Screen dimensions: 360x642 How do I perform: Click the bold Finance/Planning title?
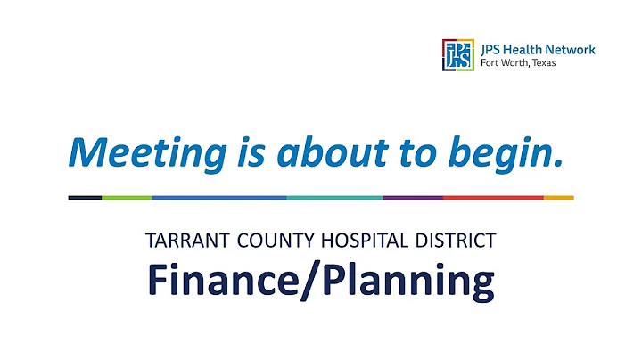click(x=320, y=282)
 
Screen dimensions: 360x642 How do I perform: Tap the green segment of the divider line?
click(x=127, y=197)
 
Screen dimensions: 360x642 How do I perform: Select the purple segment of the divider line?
click(x=412, y=197)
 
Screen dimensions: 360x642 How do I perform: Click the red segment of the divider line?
click(x=492, y=197)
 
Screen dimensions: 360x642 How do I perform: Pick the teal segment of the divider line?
click(x=334, y=197)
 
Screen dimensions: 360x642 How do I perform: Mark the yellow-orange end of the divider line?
click(x=558, y=197)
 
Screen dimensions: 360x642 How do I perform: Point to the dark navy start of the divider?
click(x=85, y=197)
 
